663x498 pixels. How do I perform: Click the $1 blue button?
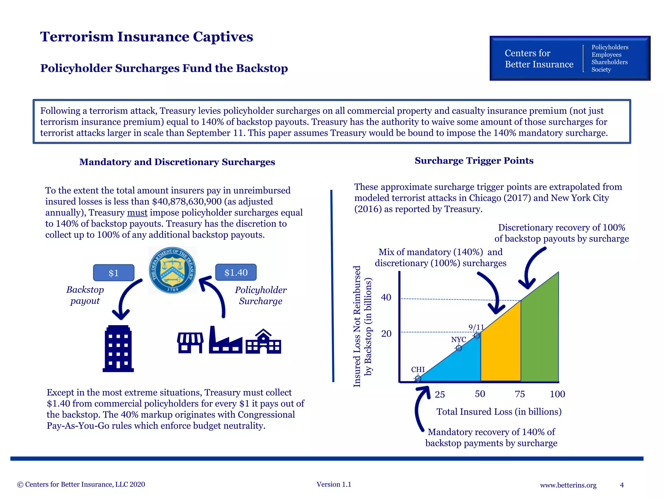(114, 273)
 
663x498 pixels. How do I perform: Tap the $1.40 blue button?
(236, 272)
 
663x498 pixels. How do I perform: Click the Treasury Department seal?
(172, 270)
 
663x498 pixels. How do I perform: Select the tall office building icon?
(118, 349)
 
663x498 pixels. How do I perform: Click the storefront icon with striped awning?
(190, 343)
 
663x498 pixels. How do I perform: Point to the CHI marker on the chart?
(418, 378)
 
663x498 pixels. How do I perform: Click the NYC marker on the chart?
(459, 348)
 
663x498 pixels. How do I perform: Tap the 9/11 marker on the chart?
(477, 336)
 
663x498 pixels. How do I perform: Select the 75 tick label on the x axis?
(520, 394)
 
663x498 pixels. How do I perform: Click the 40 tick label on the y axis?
(386, 297)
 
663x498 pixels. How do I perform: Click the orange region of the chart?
(500, 350)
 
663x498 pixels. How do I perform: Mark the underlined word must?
(137, 213)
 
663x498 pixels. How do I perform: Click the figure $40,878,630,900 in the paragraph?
(187, 202)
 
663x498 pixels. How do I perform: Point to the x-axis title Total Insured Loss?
(499, 412)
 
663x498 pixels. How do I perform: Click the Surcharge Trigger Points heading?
(474, 160)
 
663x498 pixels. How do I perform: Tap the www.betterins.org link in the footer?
(568, 485)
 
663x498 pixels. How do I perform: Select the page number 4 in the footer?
(622, 485)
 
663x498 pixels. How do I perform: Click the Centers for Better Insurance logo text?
(539, 59)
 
